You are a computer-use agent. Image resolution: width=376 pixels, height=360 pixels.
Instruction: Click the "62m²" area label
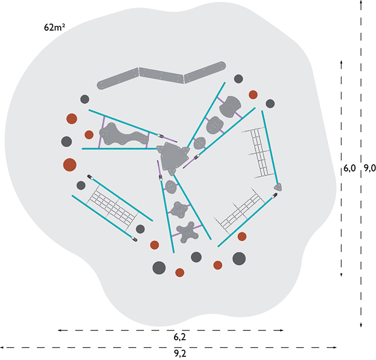tap(54, 27)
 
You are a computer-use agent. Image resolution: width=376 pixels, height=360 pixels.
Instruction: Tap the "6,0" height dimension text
tap(349, 168)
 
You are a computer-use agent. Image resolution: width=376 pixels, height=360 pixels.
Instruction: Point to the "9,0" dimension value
tap(370, 168)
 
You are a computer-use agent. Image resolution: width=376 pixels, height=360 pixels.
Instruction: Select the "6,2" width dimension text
tap(180, 337)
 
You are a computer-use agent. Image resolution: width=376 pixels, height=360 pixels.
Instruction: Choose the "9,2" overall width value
tap(180, 354)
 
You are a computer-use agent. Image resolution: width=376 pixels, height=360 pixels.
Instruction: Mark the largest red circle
tap(70, 165)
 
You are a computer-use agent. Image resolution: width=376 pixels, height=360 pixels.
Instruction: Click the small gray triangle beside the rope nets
tap(278, 187)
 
